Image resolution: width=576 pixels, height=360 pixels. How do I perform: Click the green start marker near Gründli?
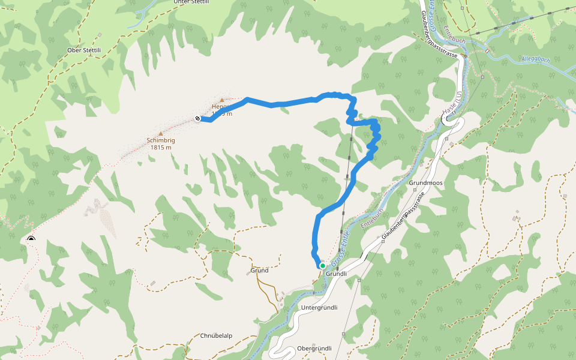point(323,265)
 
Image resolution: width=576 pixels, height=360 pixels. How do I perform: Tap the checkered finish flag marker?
point(197,118)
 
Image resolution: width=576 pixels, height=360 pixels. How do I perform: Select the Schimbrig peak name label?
point(160,140)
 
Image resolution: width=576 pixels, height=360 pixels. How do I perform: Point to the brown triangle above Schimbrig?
point(160,133)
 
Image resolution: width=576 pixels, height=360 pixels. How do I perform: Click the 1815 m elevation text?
point(160,148)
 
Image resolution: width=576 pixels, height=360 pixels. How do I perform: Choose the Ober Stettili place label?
point(83,50)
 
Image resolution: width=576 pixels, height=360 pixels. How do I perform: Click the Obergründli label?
point(314,348)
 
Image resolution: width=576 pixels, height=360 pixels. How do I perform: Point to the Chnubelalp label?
point(217,335)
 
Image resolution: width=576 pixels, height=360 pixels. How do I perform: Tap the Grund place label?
point(259,271)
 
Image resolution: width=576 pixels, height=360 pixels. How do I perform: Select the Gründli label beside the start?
point(337,274)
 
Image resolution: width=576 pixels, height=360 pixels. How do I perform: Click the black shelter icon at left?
point(31,240)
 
